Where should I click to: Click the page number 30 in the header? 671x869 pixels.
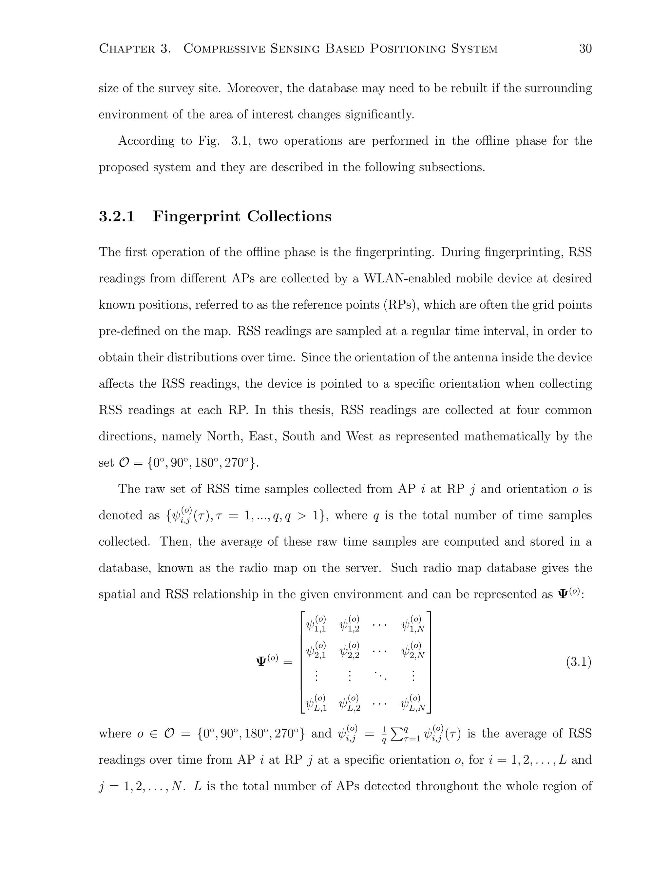pyautogui.click(x=585, y=49)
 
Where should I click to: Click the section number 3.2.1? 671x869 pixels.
pyautogui.click(x=116, y=216)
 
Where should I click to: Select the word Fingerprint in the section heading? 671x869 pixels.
pyautogui.click(x=197, y=216)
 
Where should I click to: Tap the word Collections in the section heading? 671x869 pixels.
pyautogui.click(x=289, y=216)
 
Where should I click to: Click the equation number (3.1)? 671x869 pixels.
pyautogui.click(x=578, y=662)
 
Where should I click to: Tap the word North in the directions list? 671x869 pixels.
pyautogui.click(x=224, y=436)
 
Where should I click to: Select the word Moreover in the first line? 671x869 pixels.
pyautogui.click(x=254, y=88)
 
